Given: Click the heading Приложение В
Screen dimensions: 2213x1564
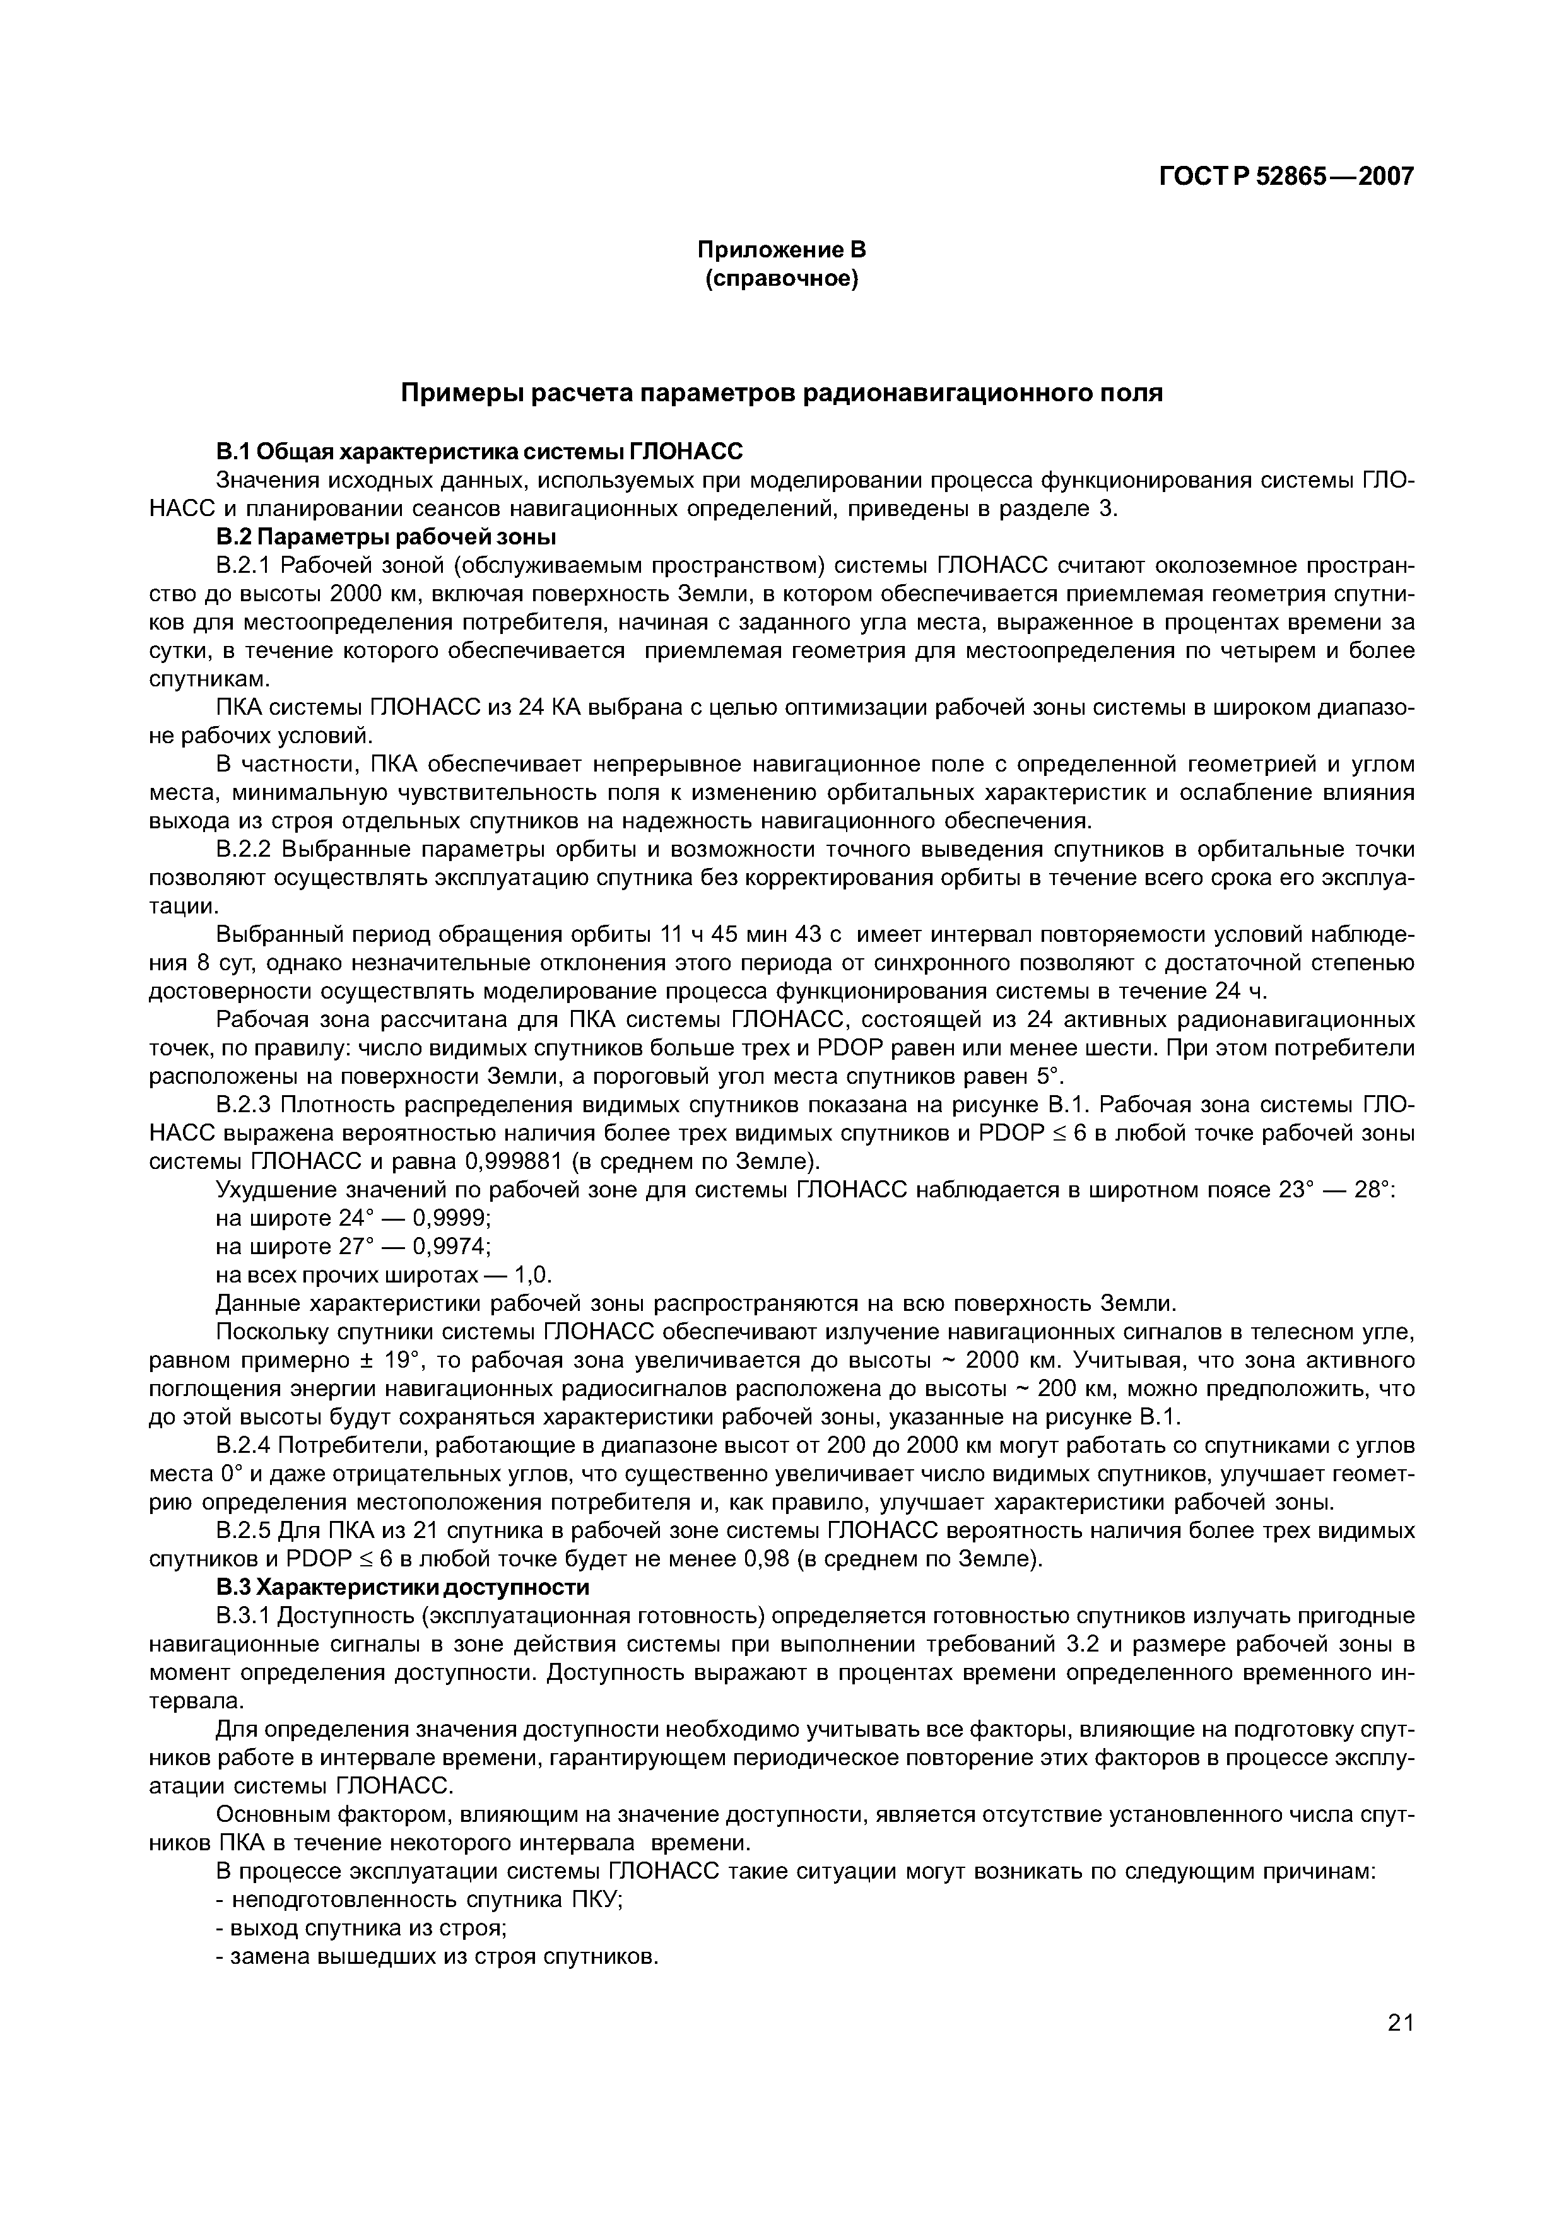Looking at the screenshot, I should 782,250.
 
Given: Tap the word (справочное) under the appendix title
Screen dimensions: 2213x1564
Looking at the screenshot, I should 782,279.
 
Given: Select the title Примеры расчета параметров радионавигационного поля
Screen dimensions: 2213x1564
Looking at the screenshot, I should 782,393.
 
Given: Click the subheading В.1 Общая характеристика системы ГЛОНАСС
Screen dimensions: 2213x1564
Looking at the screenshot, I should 479,452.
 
